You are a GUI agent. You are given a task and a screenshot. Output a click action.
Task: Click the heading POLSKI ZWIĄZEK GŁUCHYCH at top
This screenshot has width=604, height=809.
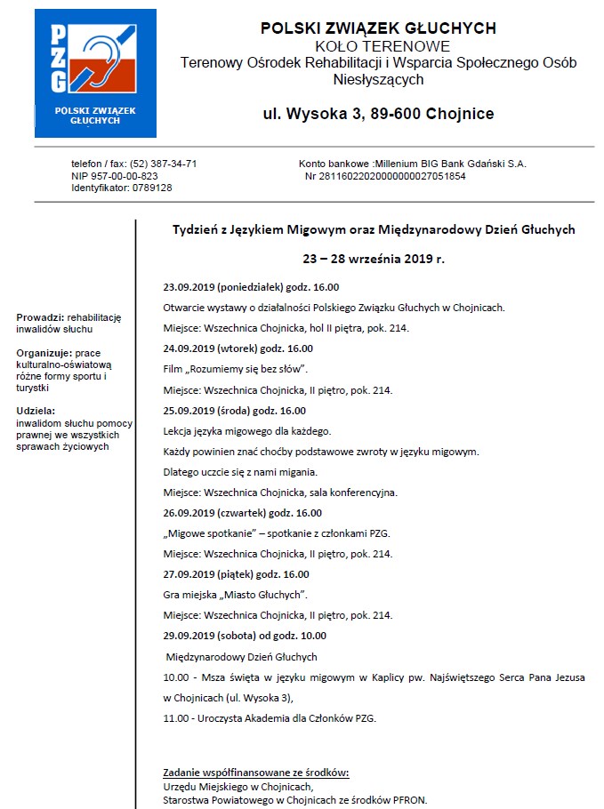378,28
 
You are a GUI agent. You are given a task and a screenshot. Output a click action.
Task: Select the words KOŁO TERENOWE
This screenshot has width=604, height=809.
378,45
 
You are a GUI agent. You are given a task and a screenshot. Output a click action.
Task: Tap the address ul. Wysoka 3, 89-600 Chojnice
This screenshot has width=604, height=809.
378,114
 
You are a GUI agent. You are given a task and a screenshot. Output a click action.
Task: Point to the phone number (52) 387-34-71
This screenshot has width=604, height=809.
164,164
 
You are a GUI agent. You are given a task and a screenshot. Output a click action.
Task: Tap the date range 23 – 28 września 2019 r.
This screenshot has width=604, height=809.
374,260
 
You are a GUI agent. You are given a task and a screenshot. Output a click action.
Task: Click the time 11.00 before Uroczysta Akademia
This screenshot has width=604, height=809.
176,717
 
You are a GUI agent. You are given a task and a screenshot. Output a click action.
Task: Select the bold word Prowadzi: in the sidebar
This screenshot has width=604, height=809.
40,318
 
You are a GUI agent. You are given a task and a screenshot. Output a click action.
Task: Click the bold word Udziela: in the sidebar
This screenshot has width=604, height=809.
36,411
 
